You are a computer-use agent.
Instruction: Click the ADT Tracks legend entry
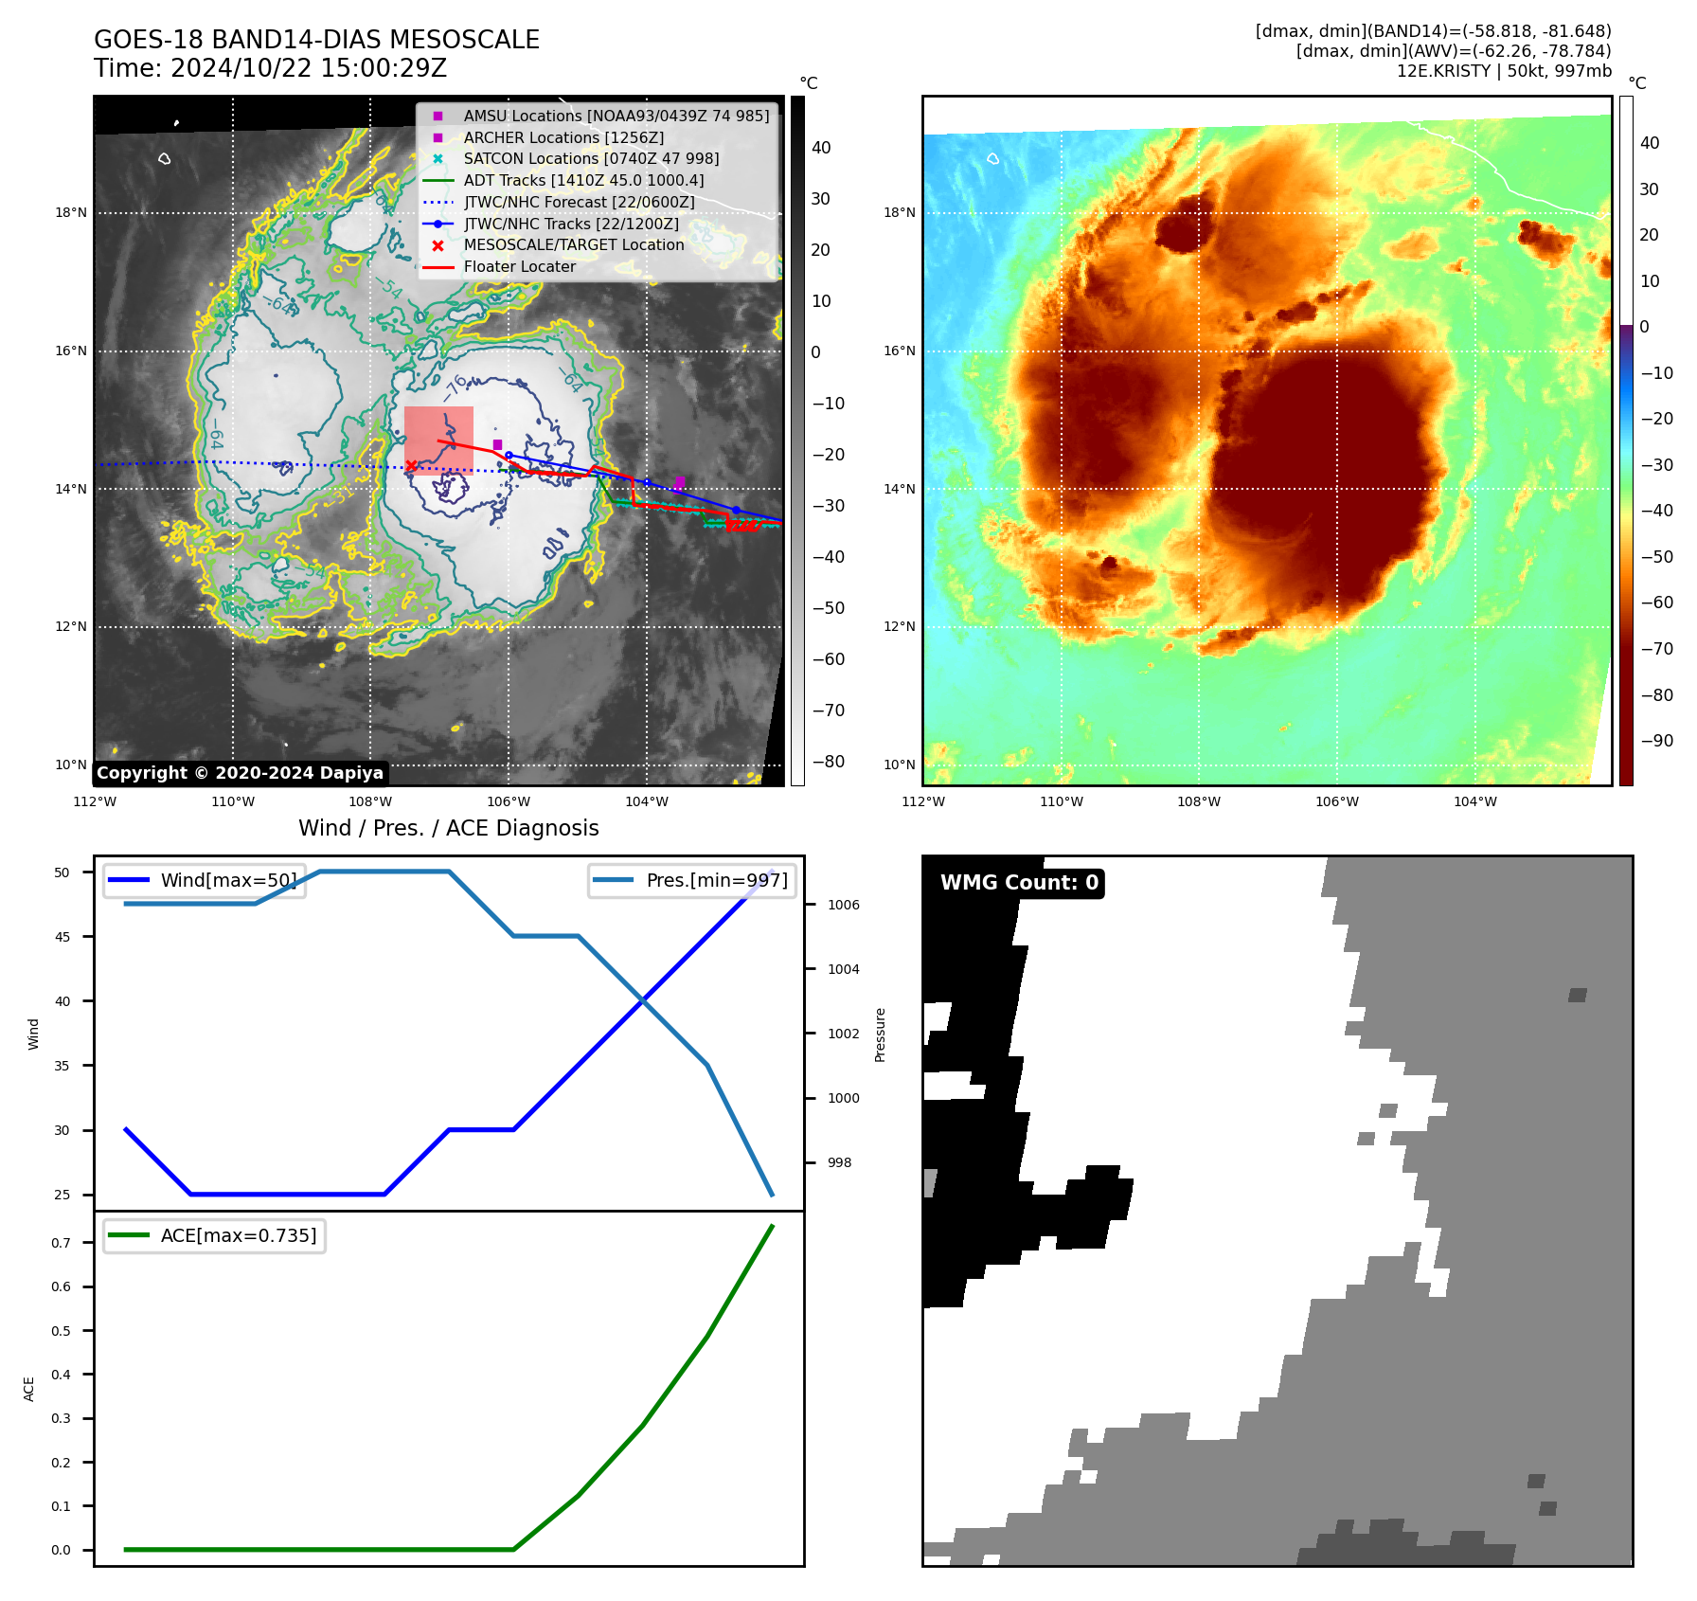[x=583, y=180]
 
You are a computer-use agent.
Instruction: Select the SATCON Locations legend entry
[x=591, y=158]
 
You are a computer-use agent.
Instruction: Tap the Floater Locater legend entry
[x=519, y=267]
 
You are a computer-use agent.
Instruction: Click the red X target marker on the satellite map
[x=411, y=465]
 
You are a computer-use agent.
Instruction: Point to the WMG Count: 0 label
[x=1019, y=883]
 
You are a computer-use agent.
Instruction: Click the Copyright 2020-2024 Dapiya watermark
[x=240, y=773]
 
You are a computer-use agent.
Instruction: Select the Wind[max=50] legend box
[x=205, y=880]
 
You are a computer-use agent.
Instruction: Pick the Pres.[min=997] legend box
[x=691, y=880]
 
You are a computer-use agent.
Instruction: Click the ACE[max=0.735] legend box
[x=214, y=1235]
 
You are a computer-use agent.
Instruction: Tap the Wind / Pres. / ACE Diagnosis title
[x=448, y=828]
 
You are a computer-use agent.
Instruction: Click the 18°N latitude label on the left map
[x=70, y=213]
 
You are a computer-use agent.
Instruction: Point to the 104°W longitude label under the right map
[x=1474, y=801]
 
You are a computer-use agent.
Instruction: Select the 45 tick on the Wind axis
[x=63, y=937]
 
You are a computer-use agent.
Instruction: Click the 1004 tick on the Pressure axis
[x=843, y=969]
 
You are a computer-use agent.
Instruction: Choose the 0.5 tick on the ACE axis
[x=61, y=1331]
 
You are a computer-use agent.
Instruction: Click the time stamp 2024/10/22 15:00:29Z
[x=309, y=68]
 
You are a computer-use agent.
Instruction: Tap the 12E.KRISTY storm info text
[x=1503, y=71]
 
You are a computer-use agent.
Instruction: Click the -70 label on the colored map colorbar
[x=1656, y=649]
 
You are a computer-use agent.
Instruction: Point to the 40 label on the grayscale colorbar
[x=821, y=148]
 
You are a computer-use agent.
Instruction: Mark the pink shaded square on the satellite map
[x=438, y=438]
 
